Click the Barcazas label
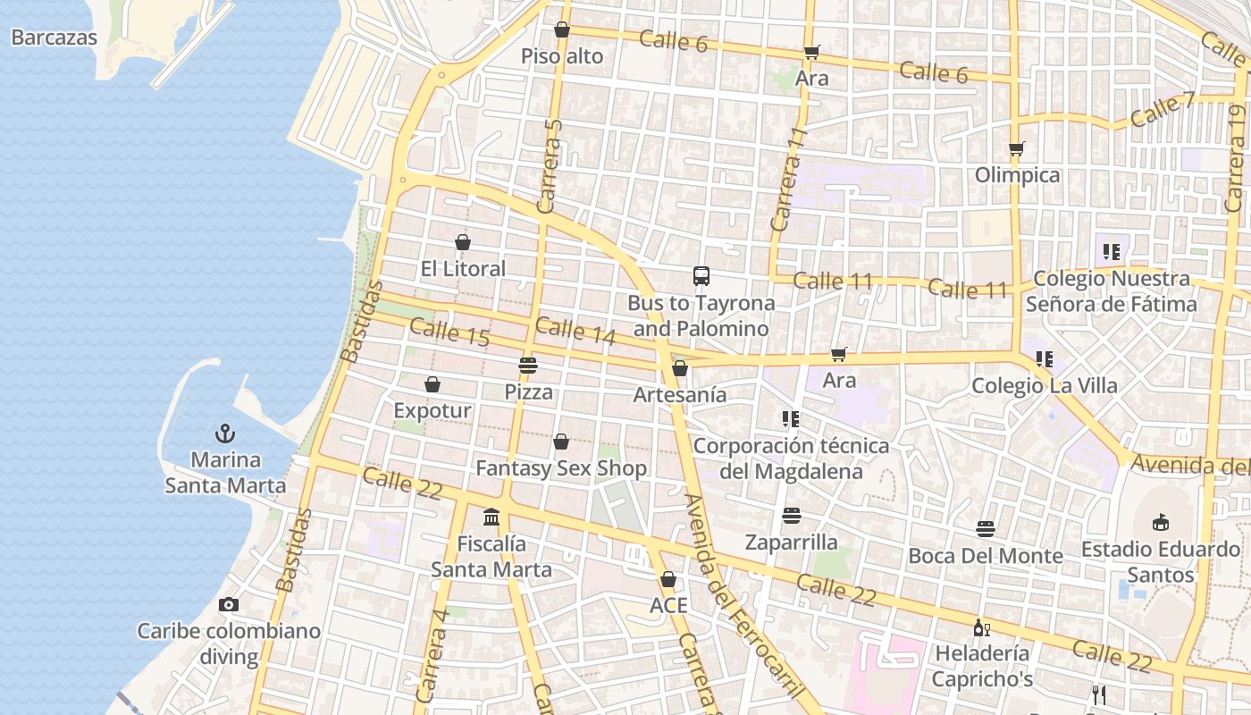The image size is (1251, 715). [55, 38]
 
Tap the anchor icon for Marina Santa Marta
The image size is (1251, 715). [225, 434]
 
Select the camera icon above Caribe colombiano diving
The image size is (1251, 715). [229, 605]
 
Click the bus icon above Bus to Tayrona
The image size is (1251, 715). [701, 276]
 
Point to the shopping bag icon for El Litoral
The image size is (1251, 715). [463, 242]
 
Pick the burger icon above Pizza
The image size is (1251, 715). [528, 366]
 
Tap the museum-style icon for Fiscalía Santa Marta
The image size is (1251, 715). [491, 517]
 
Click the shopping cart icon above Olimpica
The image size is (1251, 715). [1016, 148]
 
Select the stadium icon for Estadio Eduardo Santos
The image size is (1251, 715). [1161, 522]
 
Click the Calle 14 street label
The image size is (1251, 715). [576, 331]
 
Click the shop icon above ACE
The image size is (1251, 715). [667, 579]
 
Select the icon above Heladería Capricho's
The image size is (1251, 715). [981, 627]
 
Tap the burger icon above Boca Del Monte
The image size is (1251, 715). [986, 529]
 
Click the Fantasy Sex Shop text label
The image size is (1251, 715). [561, 468]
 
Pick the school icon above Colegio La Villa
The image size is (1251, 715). [1044, 359]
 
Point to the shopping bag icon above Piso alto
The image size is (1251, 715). [562, 29]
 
